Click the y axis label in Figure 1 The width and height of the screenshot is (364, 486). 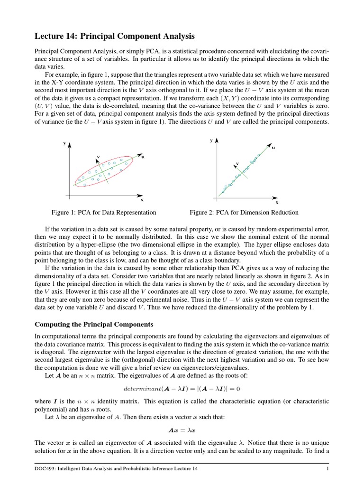pyautogui.click(x=64, y=142)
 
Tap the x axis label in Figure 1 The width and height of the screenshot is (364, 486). pyautogui.click(x=142, y=200)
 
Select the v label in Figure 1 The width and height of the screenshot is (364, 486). pyautogui.click(x=98, y=156)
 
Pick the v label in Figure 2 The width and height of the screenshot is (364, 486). pyautogui.click(x=237, y=163)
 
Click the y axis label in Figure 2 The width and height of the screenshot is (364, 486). pyautogui.click(x=211, y=140)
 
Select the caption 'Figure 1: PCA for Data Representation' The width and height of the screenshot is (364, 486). pyautogui.click(x=104, y=213)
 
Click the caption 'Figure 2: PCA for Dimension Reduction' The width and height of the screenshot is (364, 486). pyautogui.click(x=244, y=213)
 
